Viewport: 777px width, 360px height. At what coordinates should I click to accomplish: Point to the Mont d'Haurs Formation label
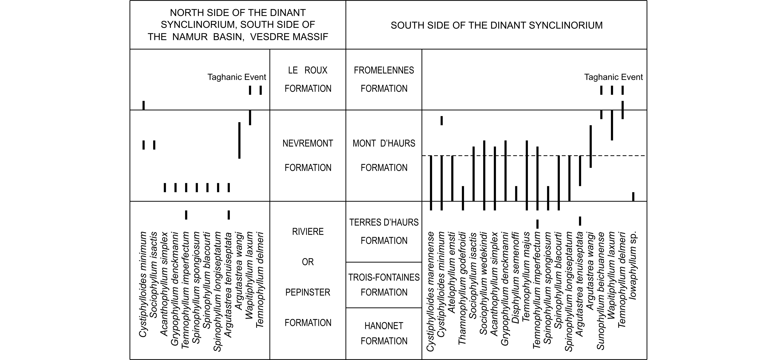click(x=384, y=155)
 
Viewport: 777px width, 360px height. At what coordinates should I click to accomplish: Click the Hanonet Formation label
click(x=384, y=333)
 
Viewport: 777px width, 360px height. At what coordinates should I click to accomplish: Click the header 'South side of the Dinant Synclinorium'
click(x=496, y=25)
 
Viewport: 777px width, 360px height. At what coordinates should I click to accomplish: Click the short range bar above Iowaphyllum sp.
click(x=633, y=197)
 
